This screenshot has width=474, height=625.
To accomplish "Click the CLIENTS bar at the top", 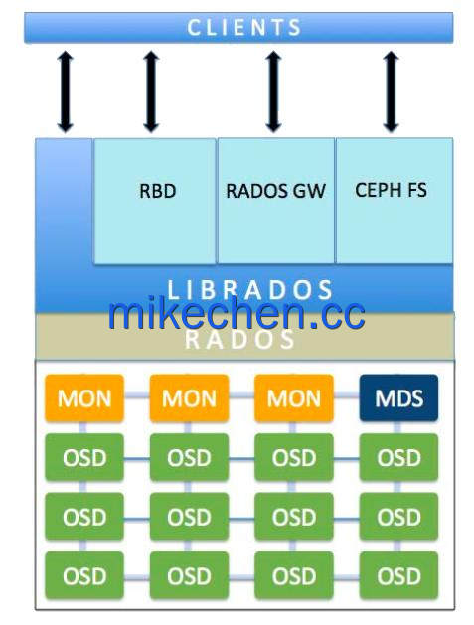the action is point(238,27).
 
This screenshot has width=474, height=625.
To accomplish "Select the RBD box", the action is point(155,201).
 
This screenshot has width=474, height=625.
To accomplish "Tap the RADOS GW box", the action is point(276,201).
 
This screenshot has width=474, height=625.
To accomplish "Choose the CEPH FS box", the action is point(395,201).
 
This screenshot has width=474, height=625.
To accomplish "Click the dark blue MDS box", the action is point(398,397).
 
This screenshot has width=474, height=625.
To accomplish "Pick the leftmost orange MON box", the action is point(84,397).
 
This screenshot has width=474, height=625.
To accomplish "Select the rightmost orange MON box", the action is point(294,397).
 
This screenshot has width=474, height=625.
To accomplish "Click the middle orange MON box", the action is point(189,397).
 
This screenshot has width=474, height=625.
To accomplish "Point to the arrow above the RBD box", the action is point(151,91).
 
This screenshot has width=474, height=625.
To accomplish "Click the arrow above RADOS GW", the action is point(273,91).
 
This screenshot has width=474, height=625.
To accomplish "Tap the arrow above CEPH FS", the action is point(391,91).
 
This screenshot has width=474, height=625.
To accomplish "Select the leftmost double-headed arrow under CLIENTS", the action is point(65,91).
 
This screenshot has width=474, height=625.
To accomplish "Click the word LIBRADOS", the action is point(249,290).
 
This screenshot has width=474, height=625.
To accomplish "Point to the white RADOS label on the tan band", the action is point(239,340).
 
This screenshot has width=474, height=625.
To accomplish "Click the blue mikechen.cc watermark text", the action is point(237,313).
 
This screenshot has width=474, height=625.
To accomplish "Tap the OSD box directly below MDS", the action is point(398,457).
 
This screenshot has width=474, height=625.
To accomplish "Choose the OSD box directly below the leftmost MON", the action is point(84,457).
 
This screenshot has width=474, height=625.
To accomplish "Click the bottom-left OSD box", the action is point(84,575).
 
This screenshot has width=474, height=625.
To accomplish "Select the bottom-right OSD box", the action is point(398,575).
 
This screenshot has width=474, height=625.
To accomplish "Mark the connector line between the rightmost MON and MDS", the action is point(347,395).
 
